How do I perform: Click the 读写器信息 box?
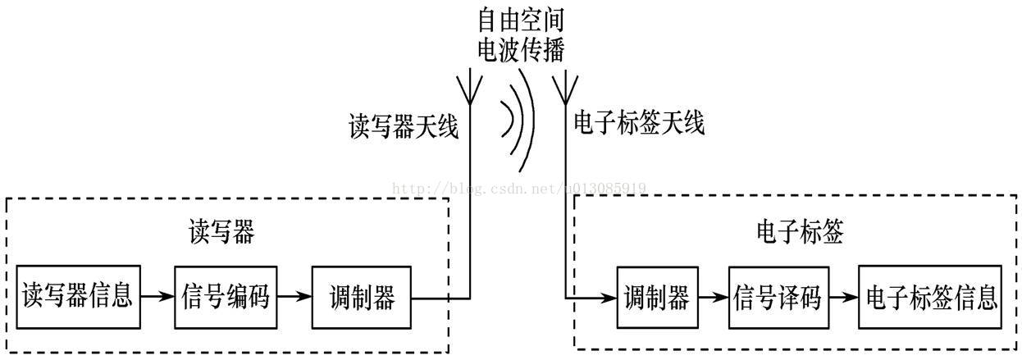(x=78, y=296)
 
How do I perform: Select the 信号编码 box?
(x=226, y=296)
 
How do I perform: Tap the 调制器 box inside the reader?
(x=361, y=296)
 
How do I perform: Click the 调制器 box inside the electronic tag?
(x=657, y=296)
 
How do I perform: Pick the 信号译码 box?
(x=778, y=296)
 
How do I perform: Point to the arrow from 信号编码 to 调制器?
(x=295, y=296)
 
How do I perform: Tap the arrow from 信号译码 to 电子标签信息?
(x=843, y=296)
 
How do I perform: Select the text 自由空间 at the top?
(x=522, y=18)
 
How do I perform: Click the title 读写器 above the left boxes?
(x=221, y=232)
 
